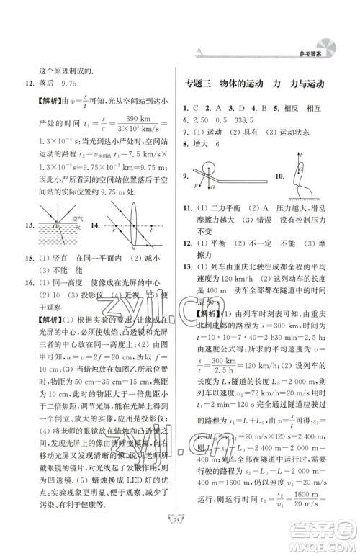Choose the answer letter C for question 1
tap(199, 108)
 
